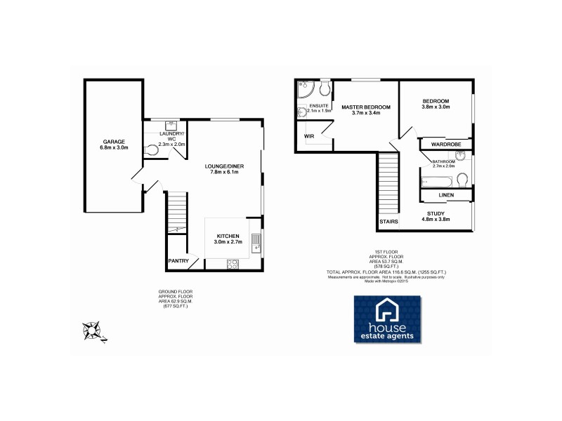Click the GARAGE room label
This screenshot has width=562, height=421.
(113, 141)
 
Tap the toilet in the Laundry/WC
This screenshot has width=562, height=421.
(152, 149)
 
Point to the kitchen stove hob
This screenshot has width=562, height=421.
(233, 264)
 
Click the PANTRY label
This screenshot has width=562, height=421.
(178, 261)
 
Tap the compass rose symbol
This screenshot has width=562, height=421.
(93, 329)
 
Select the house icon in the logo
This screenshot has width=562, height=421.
(387, 309)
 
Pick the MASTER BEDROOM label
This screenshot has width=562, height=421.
(365, 107)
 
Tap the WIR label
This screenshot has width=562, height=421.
(308, 135)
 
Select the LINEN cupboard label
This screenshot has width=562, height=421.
(446, 194)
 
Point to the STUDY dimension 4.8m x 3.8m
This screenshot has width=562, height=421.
(436, 220)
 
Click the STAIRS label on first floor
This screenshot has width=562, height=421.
(388, 222)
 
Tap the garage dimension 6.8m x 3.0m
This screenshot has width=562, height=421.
(113, 148)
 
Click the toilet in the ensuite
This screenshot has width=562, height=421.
(324, 89)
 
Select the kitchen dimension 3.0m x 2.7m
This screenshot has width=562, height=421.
(228, 242)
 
